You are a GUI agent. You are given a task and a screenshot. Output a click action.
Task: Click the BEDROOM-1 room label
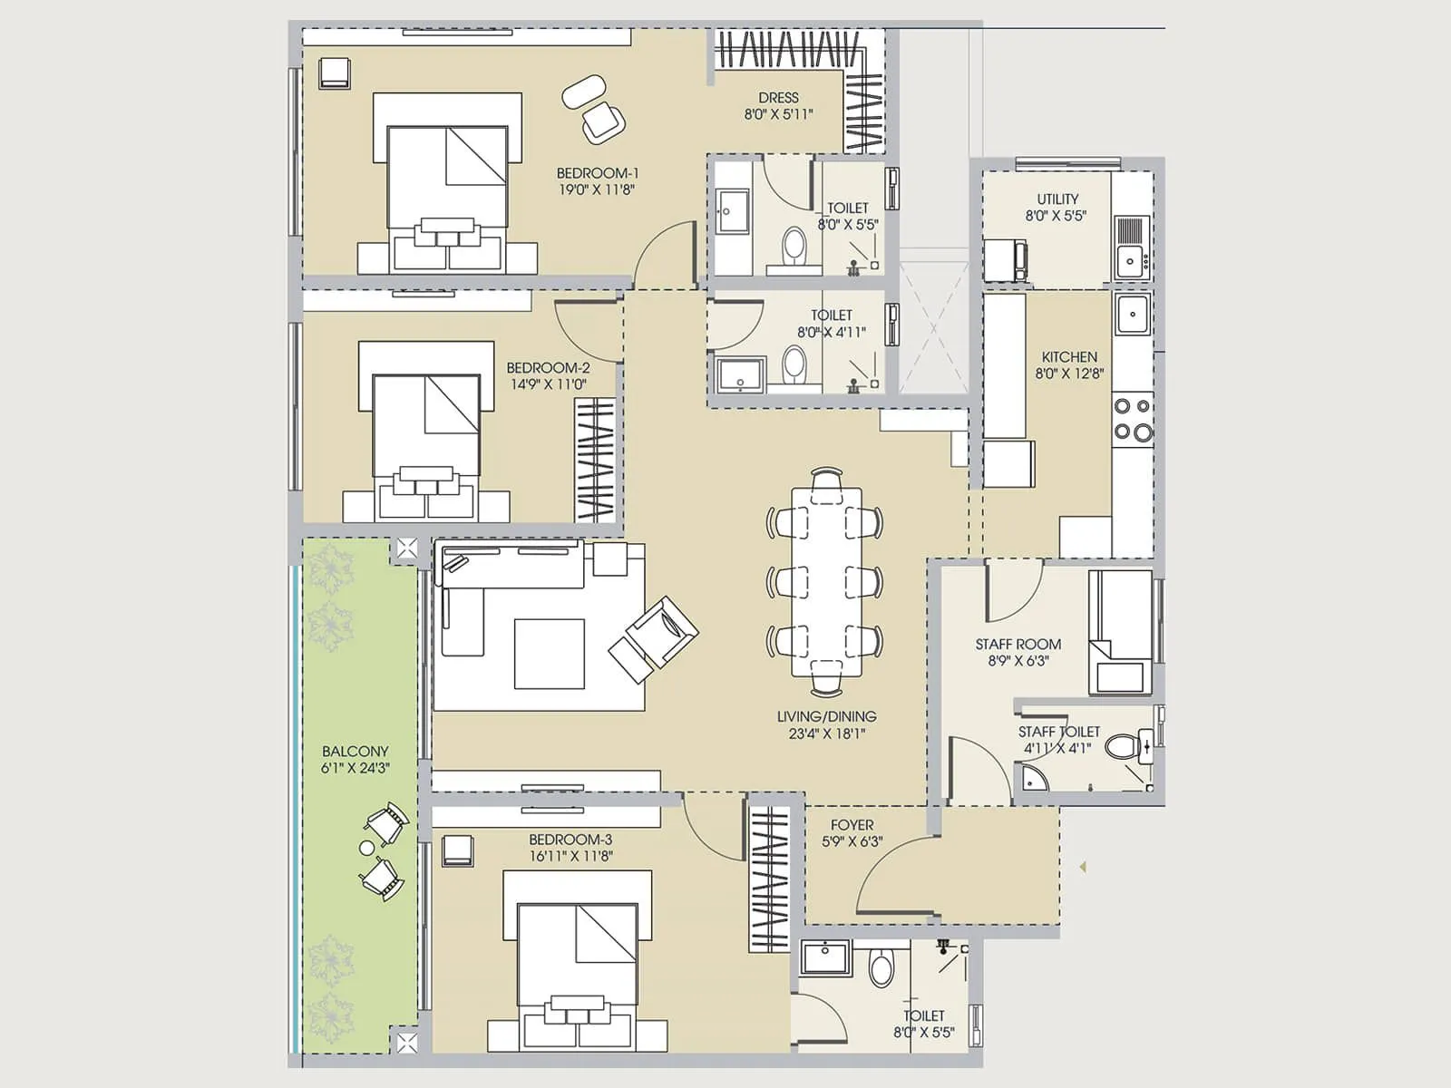coord(598,173)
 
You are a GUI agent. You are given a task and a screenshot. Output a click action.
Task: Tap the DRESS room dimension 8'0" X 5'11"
coord(778,115)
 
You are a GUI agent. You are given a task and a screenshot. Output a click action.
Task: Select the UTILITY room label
coord(1057,199)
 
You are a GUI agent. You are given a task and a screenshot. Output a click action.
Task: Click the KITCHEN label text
coord(1069,356)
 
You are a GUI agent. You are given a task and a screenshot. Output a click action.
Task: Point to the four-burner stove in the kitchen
coord(1133,420)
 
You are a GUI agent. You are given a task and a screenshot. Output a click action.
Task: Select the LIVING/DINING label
coord(826,716)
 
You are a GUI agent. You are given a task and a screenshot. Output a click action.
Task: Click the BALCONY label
coord(355,752)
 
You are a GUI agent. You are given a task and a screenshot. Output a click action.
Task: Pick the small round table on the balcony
coord(366,849)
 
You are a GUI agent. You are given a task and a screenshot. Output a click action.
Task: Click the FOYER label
coord(852,825)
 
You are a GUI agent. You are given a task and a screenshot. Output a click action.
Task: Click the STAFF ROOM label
coord(1018,644)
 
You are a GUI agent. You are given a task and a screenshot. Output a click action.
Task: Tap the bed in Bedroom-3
coord(578,961)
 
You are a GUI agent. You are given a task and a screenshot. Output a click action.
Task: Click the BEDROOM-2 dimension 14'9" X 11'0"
coord(548,384)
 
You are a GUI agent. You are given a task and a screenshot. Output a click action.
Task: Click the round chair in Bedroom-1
coord(584,92)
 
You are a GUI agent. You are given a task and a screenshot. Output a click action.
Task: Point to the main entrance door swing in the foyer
coord(893,875)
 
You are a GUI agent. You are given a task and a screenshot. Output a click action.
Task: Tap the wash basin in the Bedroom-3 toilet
coord(825,958)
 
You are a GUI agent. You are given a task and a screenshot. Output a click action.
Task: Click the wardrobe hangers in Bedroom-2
coord(595,461)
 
